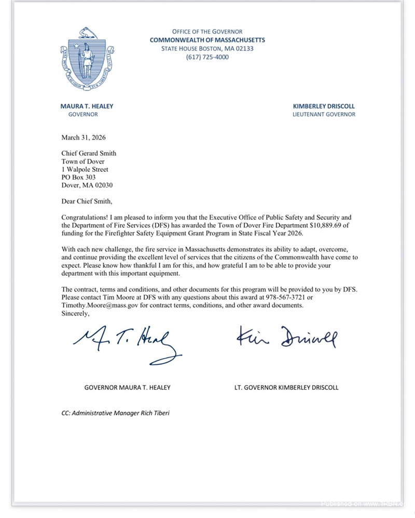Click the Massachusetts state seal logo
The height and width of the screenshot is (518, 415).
click(x=87, y=58)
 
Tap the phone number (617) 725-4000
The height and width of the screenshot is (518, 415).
click(x=208, y=57)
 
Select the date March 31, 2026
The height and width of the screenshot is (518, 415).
click(x=84, y=138)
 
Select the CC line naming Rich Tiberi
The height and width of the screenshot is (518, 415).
click(x=116, y=413)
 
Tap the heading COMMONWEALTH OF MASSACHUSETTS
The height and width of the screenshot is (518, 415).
click(x=208, y=40)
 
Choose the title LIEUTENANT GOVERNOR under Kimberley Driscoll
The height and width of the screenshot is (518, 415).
click(x=324, y=114)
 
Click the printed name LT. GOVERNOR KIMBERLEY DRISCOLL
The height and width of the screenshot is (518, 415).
click(x=286, y=387)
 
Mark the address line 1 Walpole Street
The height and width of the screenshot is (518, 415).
click(x=85, y=169)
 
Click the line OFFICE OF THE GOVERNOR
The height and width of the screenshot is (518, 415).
click(x=208, y=32)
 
